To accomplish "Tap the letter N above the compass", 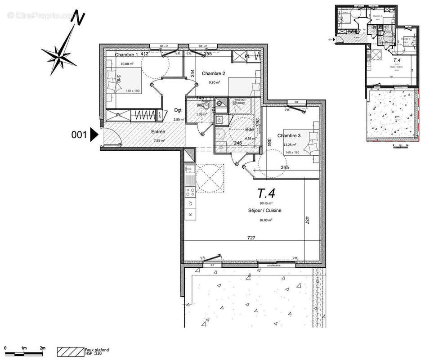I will click(80, 18).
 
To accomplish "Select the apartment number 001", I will click(80, 135).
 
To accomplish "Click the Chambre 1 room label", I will click(126, 55).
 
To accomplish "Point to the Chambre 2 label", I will click(213, 73).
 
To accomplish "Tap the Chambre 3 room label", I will click(289, 136).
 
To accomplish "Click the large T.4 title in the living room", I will click(266, 193).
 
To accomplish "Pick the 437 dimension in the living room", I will click(308, 220).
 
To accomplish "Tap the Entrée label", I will click(158, 131).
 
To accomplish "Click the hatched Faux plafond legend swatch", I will click(70, 350).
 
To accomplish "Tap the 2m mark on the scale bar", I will click(42, 348).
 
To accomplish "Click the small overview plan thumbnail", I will click(378, 74).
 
